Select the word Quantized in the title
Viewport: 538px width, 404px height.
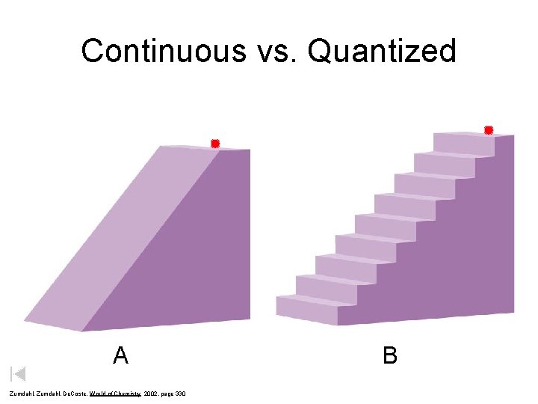click(381, 51)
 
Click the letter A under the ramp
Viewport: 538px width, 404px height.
click(120, 355)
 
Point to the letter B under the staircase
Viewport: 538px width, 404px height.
click(390, 355)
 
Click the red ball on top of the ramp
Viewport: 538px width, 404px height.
click(214, 144)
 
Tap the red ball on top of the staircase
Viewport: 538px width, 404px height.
click(489, 130)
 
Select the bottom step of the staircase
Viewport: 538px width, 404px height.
click(306, 307)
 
